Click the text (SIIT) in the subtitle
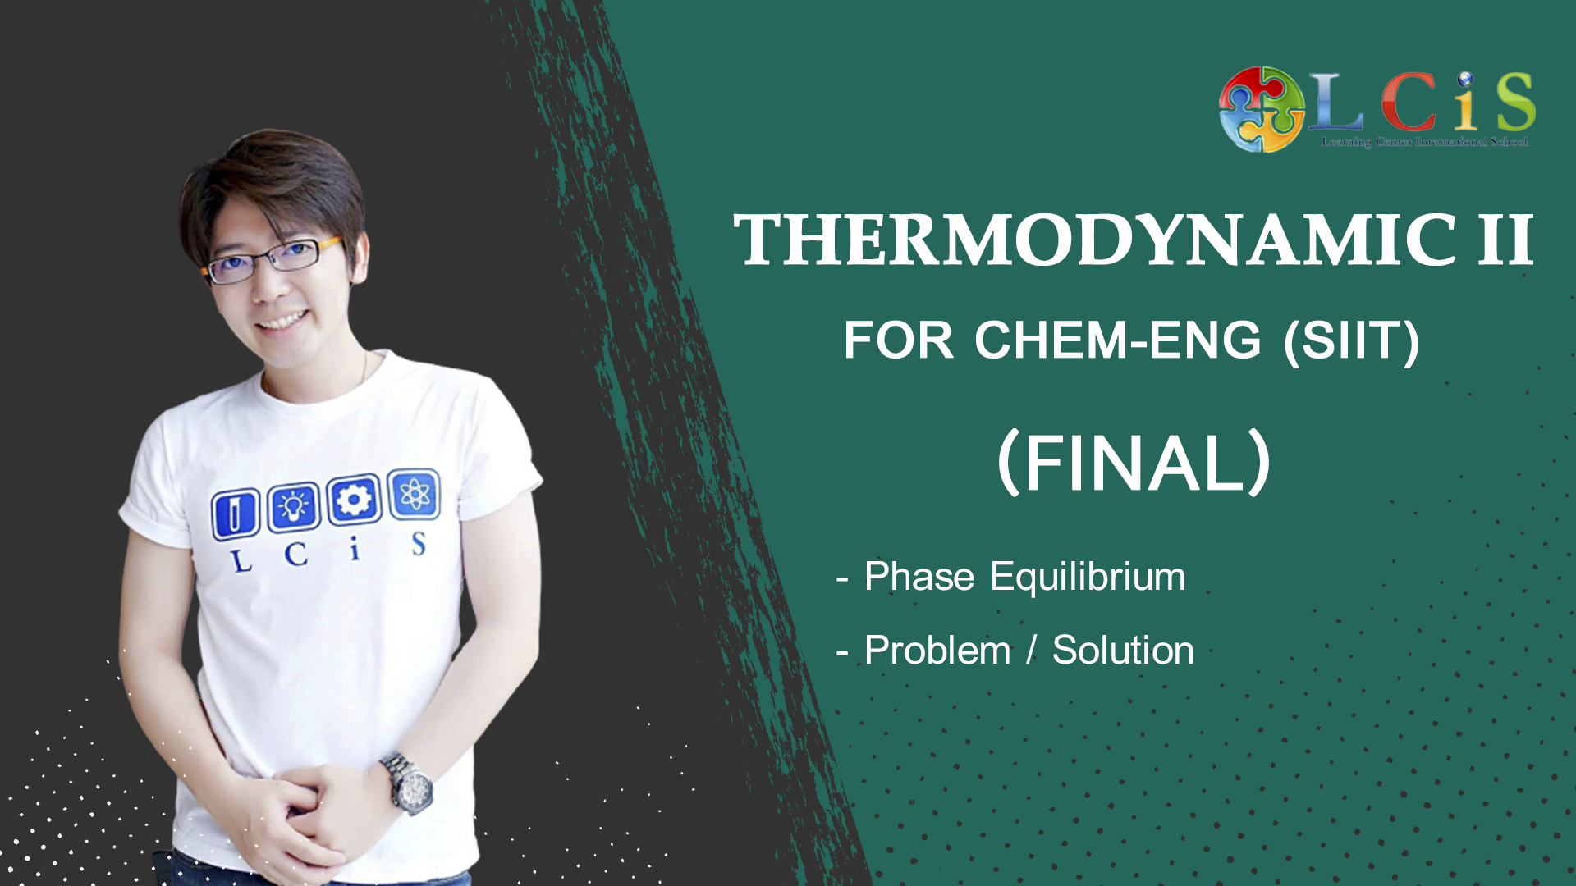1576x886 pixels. (1352, 341)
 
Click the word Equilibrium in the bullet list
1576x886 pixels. (1088, 576)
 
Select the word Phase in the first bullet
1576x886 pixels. (919, 576)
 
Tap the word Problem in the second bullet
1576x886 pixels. (937, 651)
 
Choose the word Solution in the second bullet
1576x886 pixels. (1123, 651)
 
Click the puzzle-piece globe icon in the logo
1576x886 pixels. (1262, 110)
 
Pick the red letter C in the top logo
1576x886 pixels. (1409, 103)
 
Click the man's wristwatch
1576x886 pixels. (409, 783)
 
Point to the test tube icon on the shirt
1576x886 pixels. (236, 514)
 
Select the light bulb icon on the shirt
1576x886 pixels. (294, 506)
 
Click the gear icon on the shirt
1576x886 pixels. (354, 499)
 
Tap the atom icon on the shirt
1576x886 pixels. (414, 494)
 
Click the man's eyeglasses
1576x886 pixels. (271, 260)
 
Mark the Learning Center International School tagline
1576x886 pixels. (1424, 143)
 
